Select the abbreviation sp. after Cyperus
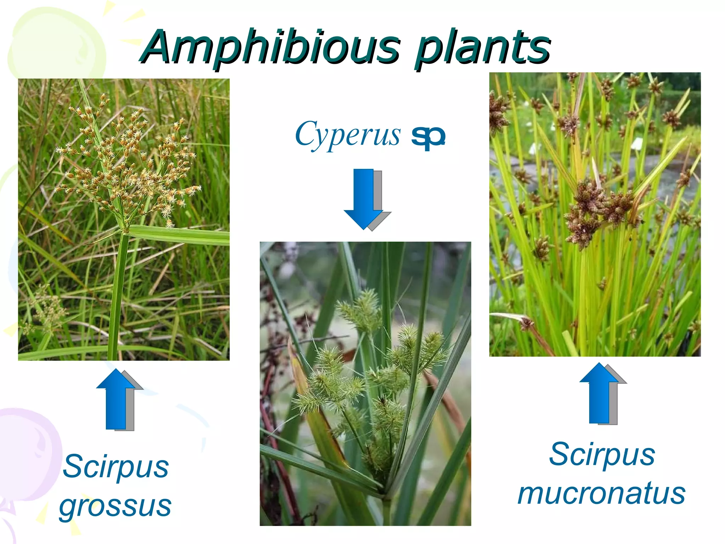click(x=428, y=136)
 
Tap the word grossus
click(x=115, y=506)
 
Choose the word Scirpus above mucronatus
click(x=602, y=454)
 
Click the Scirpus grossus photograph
click(x=124, y=219)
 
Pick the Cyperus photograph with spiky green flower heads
click(x=365, y=383)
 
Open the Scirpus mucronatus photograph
click(x=595, y=214)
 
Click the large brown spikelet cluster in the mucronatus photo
click(x=598, y=209)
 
